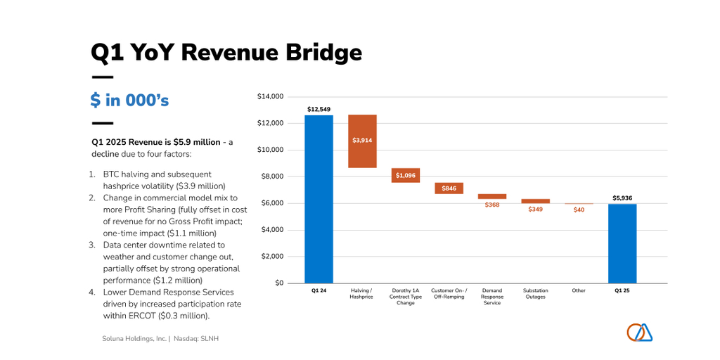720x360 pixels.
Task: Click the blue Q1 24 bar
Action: [319, 199]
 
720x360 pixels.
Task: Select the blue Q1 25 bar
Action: [622, 243]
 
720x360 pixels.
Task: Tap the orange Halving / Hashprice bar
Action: [362, 141]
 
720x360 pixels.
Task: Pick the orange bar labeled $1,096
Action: [406, 175]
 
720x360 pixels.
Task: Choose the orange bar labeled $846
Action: [449, 188]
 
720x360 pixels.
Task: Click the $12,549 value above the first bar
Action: [319, 109]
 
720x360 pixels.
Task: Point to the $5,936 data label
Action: [622, 198]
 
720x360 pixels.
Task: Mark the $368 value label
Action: [492, 205]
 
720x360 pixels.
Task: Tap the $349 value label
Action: [536, 209]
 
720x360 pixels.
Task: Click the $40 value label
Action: [579, 210]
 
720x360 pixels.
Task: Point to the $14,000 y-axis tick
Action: [270, 96]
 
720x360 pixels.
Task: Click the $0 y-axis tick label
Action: [278, 283]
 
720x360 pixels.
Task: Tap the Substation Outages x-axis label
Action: [536, 293]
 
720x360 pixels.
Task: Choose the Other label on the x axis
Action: [579, 290]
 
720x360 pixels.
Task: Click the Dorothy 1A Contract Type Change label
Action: [406, 297]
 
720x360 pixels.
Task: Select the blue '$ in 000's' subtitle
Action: [129, 101]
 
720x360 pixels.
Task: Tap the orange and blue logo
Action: [639, 332]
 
